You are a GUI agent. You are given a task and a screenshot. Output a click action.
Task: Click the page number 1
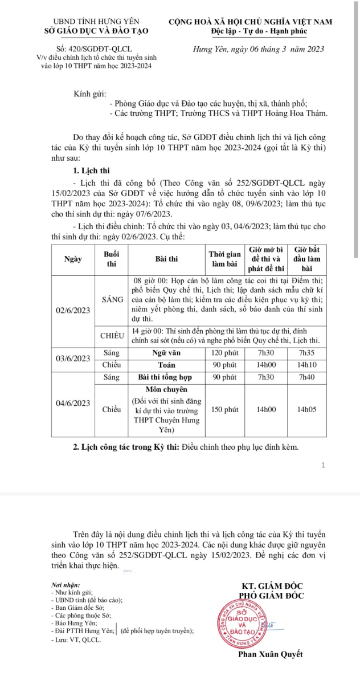point(323,465)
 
